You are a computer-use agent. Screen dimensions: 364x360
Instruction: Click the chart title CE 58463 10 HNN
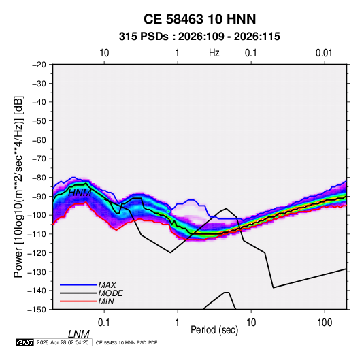(x=199, y=19)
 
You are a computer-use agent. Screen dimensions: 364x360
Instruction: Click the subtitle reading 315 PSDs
(x=144, y=37)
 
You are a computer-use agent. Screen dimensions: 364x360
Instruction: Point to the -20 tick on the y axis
(x=39, y=65)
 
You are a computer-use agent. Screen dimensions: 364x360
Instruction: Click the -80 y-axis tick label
(x=39, y=178)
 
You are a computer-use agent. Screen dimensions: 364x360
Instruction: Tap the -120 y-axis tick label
(x=37, y=252)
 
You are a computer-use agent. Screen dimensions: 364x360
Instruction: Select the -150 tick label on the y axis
(x=37, y=310)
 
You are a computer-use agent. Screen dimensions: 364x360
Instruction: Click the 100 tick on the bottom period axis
(x=325, y=323)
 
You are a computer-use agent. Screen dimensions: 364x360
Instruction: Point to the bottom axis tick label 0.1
(x=104, y=323)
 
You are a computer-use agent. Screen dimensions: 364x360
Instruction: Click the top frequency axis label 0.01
(x=324, y=53)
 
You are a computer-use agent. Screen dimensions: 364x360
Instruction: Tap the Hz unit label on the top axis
(x=214, y=53)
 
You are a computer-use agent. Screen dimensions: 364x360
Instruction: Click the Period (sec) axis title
(x=214, y=330)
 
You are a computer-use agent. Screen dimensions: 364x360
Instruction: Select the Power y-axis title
(x=18, y=187)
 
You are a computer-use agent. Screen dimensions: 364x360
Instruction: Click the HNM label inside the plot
(x=80, y=193)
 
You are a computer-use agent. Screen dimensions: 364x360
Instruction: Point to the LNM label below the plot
(x=78, y=334)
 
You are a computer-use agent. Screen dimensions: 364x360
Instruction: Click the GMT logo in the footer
(x=25, y=342)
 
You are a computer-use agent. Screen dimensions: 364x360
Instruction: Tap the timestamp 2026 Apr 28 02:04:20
(x=63, y=342)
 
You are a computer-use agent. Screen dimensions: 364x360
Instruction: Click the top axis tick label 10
(x=104, y=53)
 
